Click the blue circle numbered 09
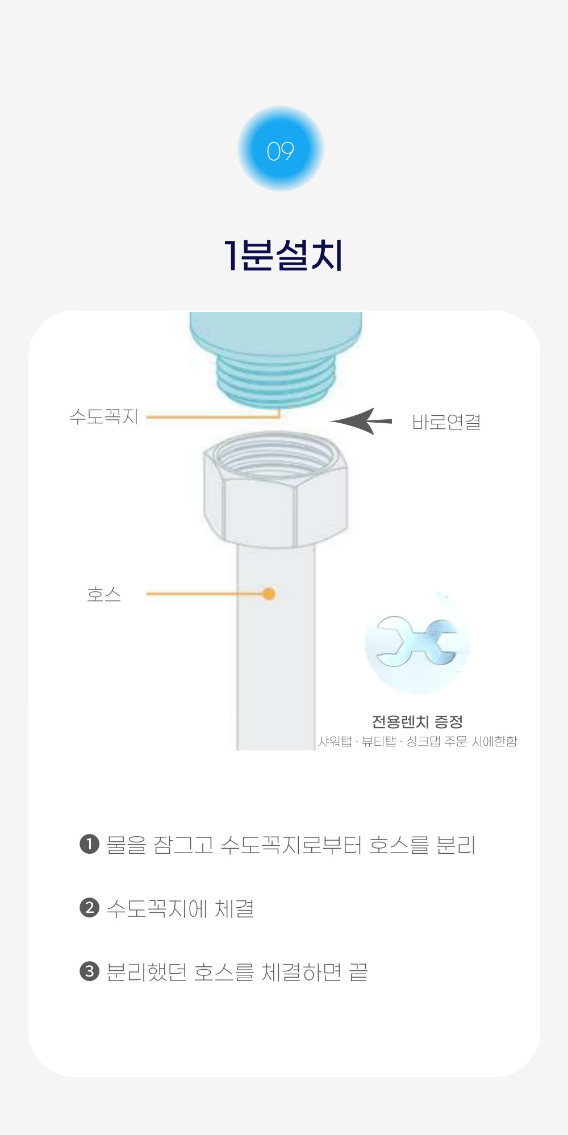pos(281,149)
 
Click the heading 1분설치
pos(283,255)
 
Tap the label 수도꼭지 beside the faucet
pos(104,416)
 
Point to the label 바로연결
pos(446,422)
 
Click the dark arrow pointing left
pos(361,421)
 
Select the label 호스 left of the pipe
pos(104,594)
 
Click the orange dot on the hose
pos(269,594)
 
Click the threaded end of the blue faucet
pos(277,378)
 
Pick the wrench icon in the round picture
pos(417,641)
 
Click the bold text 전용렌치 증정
pos(417,721)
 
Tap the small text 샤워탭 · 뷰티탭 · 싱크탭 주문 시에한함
pos(417,741)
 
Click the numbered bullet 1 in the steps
pos(89,844)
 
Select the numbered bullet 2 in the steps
pos(89,907)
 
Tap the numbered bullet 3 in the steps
pos(89,971)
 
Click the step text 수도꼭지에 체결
pos(181,908)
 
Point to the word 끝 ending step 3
pos(358,972)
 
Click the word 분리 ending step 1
pos(456,845)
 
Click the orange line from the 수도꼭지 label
pos(214,417)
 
